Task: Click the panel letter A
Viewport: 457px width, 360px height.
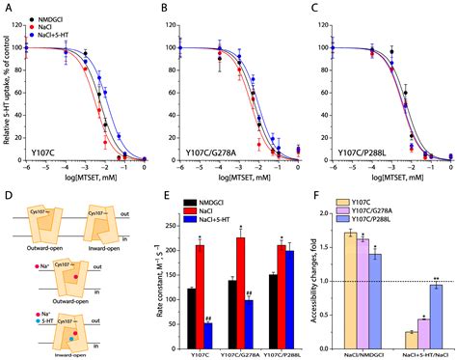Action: [x=8, y=7]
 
